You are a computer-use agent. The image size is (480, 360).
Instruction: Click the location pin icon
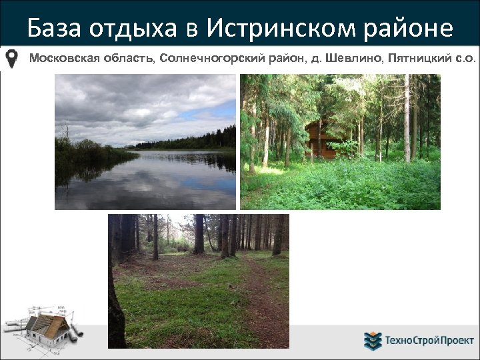pos(12,59)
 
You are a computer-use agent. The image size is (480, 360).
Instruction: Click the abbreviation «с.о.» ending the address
pos(464,59)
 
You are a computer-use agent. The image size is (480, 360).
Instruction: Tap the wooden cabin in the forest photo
pos(321,139)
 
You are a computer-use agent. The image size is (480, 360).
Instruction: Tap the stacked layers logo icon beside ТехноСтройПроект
pos(372,341)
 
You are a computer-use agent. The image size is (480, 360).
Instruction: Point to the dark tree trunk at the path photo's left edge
pos(115,293)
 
